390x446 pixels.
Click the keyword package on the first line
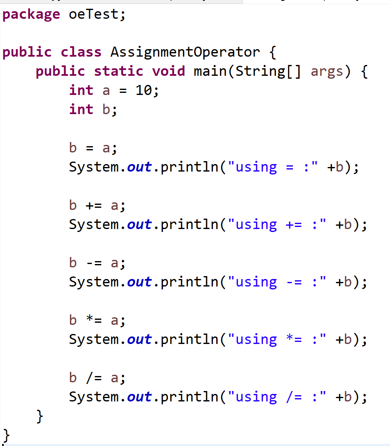coord(31,15)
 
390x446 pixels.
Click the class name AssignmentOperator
coord(185,52)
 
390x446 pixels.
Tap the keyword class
coord(81,52)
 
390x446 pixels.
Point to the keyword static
coord(118,71)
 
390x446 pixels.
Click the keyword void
coord(168,71)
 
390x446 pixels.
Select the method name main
coord(210,71)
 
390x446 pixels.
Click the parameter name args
coord(327,71)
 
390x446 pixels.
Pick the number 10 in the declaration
coord(144,90)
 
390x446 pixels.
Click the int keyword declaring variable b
coord(81,110)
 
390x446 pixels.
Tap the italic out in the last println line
coord(139,397)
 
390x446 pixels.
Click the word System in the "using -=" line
coord(94,282)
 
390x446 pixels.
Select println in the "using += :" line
coord(189,225)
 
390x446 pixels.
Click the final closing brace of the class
coord(6,436)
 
